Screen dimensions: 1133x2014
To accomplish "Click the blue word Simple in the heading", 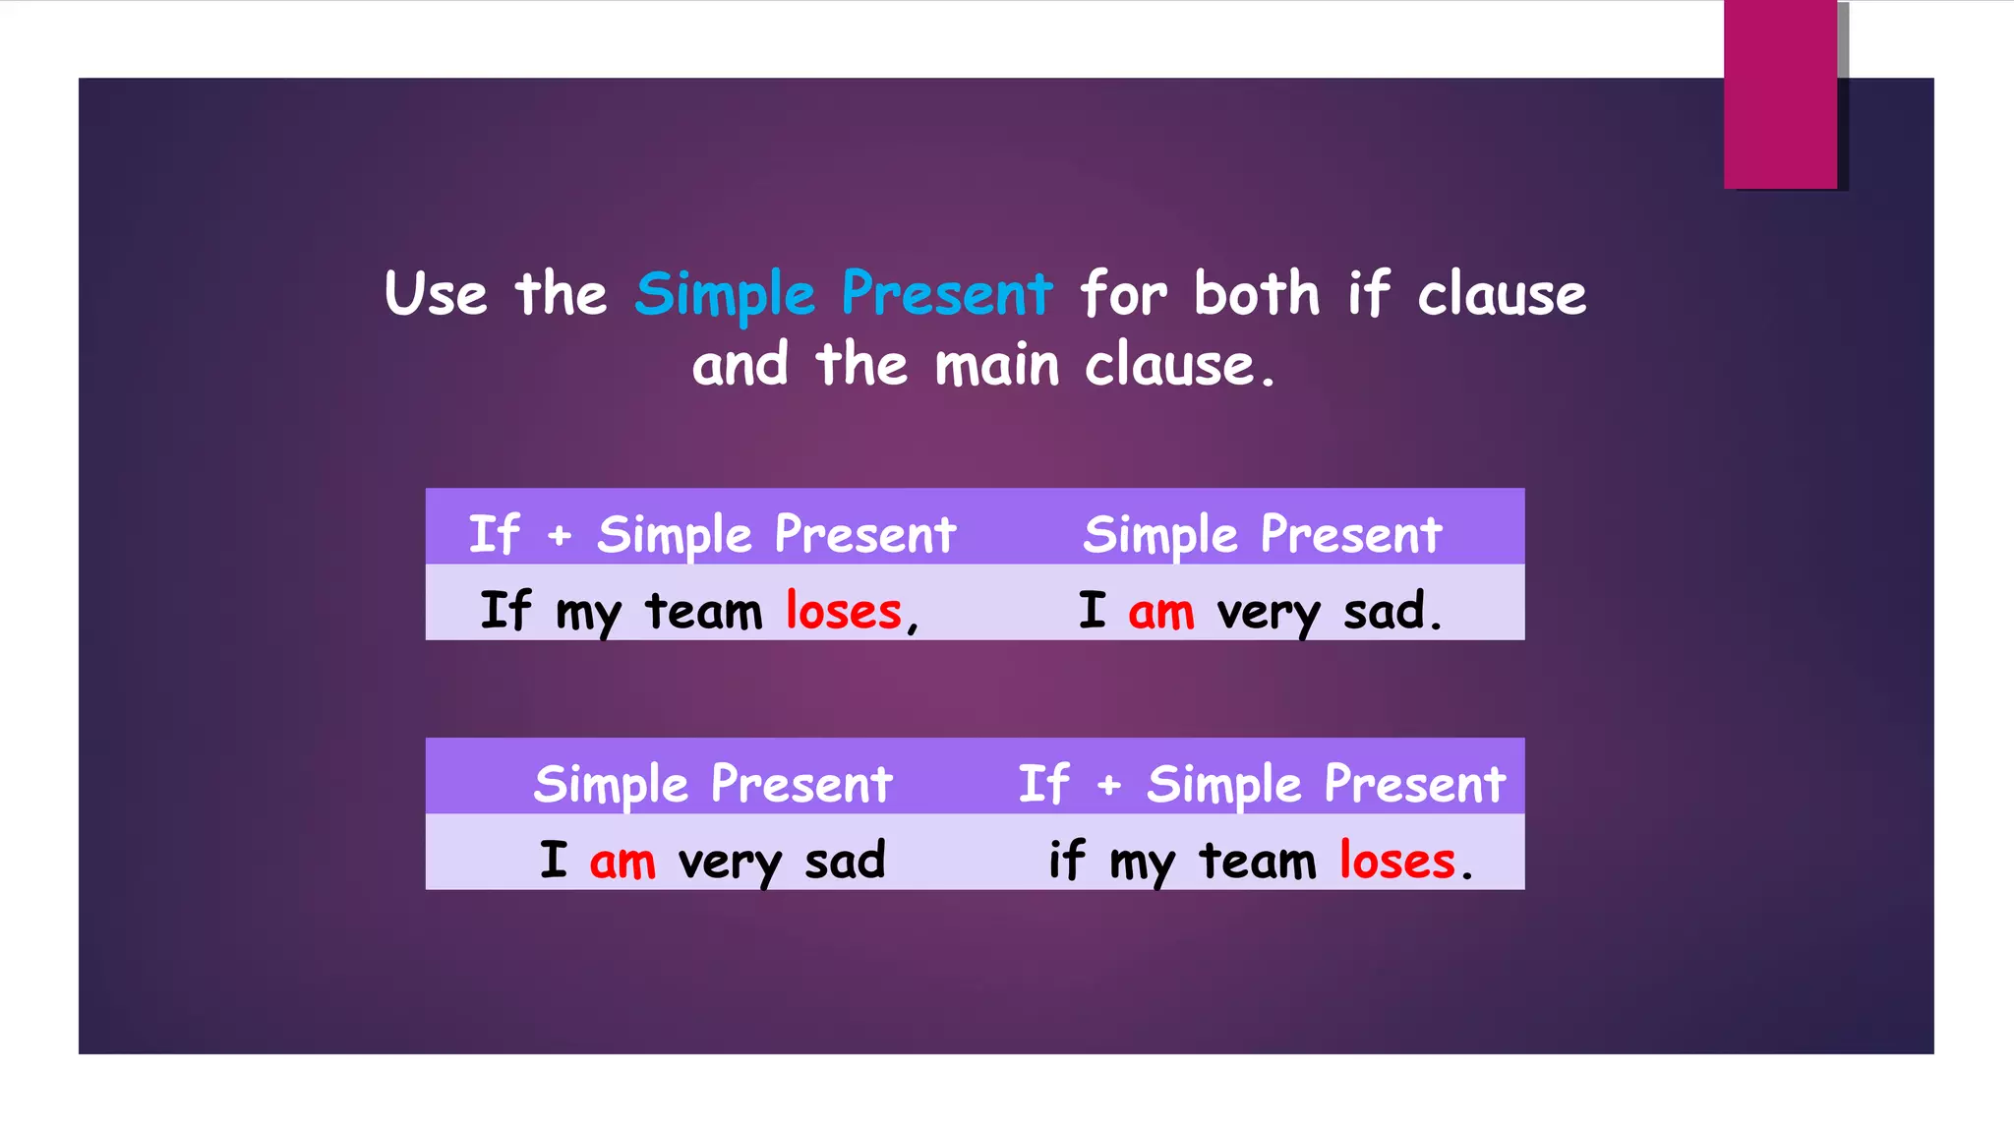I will click(725, 294).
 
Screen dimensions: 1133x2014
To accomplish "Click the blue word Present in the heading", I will click(946, 294).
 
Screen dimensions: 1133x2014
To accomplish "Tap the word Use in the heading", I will click(435, 294).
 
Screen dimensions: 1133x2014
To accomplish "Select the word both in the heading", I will click(1256, 294).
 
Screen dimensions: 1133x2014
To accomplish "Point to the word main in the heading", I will click(996, 365).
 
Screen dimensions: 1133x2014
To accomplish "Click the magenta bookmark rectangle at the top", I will click(1780, 94).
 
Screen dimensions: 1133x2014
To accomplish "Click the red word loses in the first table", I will click(843, 611).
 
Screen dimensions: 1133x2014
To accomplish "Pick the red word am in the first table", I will click(1160, 611).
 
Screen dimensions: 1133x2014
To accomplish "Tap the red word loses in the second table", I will click(1396, 861).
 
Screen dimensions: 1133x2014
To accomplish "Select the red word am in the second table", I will click(622, 861).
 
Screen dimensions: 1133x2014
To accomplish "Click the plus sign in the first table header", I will click(559, 536).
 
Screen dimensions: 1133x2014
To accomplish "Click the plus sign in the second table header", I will click(1108, 785).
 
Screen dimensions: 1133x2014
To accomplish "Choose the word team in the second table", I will click(1257, 861).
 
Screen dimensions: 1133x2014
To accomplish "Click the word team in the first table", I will click(703, 611).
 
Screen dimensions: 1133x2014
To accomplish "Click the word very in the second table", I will click(729, 863).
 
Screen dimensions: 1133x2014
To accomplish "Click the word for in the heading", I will click(1123, 294).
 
